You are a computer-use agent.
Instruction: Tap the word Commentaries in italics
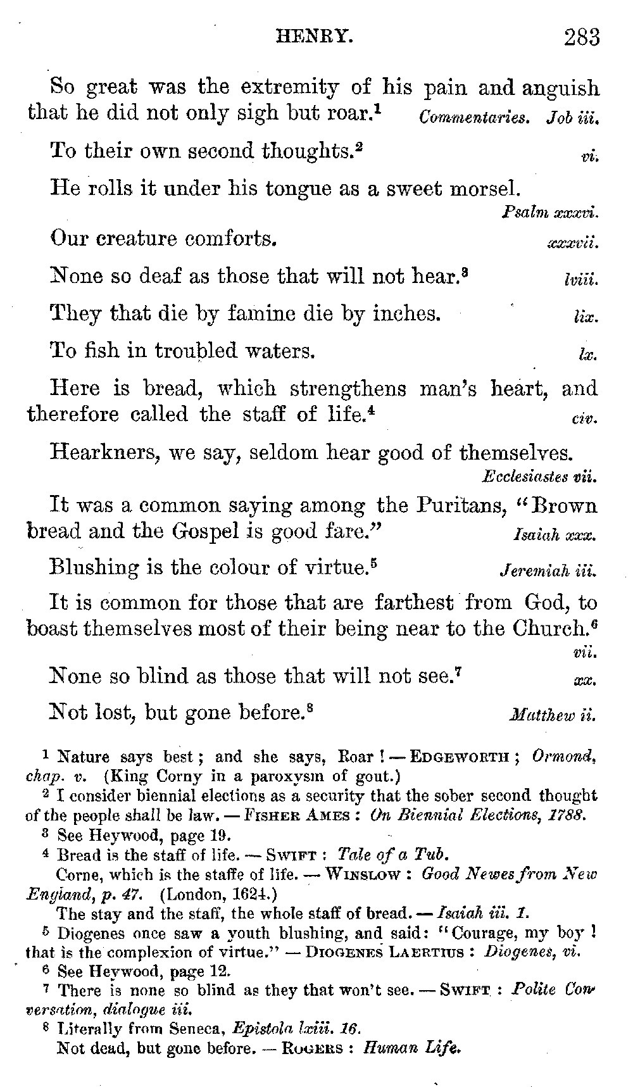point(474,118)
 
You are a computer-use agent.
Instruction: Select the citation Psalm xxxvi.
point(550,213)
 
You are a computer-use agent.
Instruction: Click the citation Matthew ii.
point(553,717)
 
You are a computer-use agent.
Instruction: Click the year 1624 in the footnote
point(251,894)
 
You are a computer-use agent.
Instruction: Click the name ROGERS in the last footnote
point(311,1048)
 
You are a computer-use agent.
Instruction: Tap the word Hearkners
point(99,453)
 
